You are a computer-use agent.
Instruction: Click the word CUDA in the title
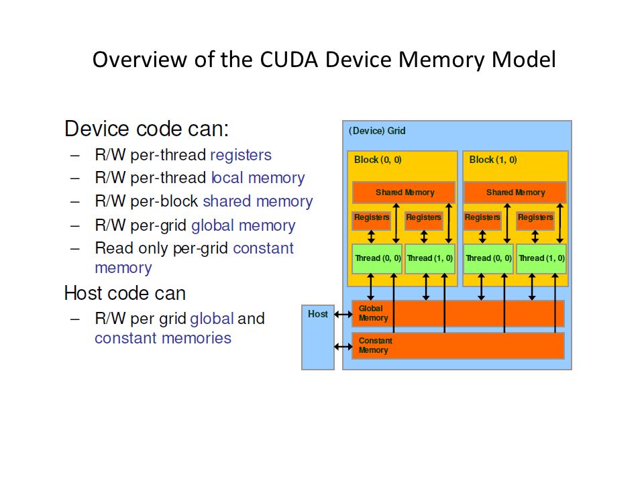pyautogui.click(x=289, y=60)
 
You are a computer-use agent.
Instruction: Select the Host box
pyautogui.click(x=318, y=337)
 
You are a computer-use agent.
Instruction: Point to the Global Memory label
pyautogui.click(x=374, y=313)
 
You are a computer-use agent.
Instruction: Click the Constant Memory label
pyautogui.click(x=376, y=345)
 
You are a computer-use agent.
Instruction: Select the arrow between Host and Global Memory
pyautogui.click(x=343, y=315)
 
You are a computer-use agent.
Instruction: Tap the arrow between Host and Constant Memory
pyautogui.click(x=343, y=347)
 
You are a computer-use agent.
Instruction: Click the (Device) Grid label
pyautogui.click(x=377, y=131)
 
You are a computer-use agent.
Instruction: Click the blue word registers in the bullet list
pyautogui.click(x=241, y=155)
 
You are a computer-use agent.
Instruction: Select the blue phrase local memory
pyautogui.click(x=258, y=178)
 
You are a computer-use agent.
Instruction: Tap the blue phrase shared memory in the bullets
pyautogui.click(x=258, y=201)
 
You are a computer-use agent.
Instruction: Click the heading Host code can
pyautogui.click(x=125, y=293)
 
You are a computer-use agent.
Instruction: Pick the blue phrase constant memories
pyautogui.click(x=163, y=338)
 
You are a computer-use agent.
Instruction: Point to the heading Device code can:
pyautogui.click(x=147, y=129)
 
